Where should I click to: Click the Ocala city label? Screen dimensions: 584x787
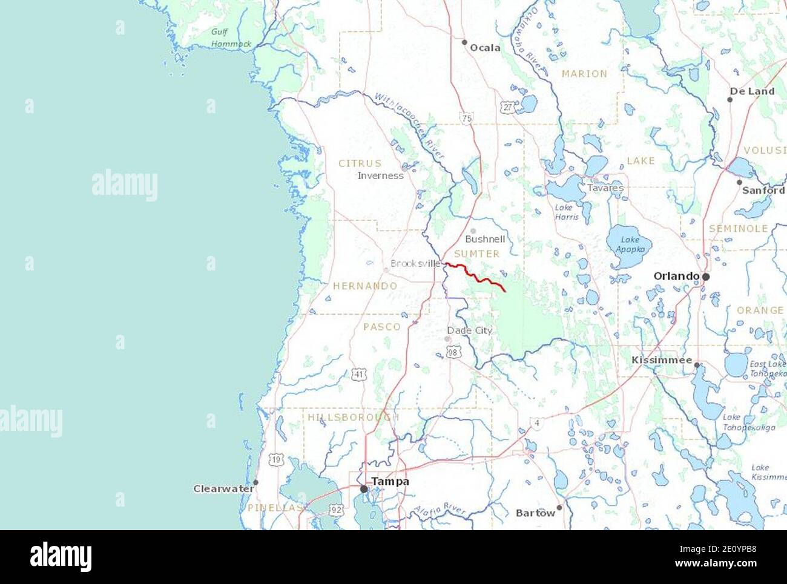(x=485, y=48)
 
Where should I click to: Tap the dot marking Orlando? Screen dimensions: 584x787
(x=706, y=277)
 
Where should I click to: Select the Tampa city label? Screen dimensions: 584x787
(x=390, y=482)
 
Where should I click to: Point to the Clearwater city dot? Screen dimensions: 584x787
(x=255, y=482)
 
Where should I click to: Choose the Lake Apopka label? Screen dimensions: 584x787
(x=627, y=244)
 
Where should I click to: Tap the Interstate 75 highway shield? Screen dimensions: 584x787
(x=466, y=119)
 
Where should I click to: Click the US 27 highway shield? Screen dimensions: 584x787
(x=507, y=107)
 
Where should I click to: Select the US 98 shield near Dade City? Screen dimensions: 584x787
(x=453, y=352)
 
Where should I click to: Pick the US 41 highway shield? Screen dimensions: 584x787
(x=360, y=375)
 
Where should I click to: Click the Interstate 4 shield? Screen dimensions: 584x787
(x=536, y=424)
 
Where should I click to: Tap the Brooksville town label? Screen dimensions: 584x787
(x=415, y=264)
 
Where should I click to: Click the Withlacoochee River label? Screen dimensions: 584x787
(x=409, y=126)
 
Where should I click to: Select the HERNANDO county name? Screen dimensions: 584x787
(x=365, y=286)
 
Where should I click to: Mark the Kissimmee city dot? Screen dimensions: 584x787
(x=697, y=365)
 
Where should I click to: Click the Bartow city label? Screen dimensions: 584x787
(x=535, y=513)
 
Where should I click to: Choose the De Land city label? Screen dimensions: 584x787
(x=752, y=91)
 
